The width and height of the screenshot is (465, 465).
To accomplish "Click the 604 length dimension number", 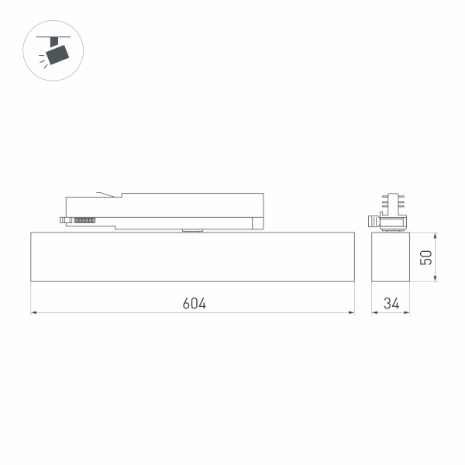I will click(194, 303).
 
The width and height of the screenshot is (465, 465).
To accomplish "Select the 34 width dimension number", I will click(391, 303).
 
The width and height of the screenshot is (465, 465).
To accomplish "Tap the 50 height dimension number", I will click(425, 257).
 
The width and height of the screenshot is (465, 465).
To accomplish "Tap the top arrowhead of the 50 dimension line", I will click(435, 233).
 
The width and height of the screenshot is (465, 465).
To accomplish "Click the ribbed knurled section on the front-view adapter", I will click(84, 221).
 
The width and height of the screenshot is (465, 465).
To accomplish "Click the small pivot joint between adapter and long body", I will click(191, 229).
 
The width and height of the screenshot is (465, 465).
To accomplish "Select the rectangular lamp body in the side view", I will click(391, 257).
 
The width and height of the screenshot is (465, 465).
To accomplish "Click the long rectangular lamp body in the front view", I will click(192, 257).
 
